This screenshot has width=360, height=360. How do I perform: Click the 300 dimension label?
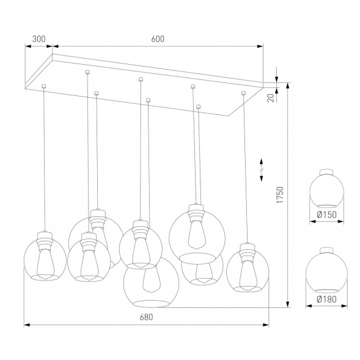point(39,39)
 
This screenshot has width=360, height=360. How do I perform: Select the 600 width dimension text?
point(157,39)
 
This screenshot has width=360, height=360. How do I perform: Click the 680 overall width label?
point(145,317)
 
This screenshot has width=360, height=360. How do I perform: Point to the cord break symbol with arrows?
point(263,169)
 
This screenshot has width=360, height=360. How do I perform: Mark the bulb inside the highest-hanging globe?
point(196,232)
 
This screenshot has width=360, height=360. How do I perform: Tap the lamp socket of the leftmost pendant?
point(45,239)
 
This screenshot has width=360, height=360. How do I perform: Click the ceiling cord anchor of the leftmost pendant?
point(44,87)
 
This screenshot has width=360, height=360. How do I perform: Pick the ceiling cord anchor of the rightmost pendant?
point(243,93)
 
